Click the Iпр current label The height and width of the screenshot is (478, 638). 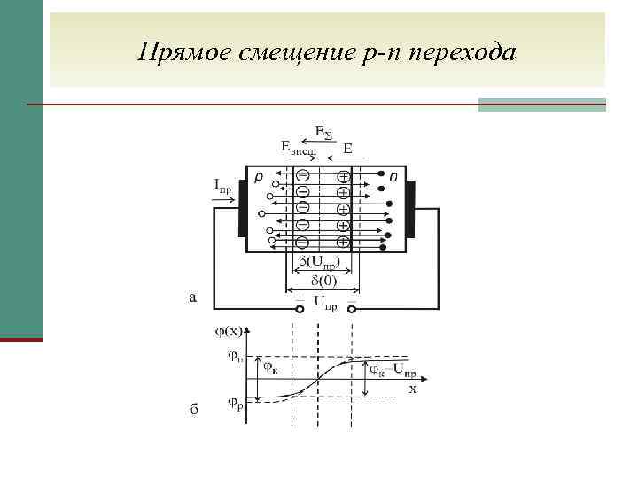tap(223, 185)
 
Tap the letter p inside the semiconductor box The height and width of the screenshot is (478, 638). tap(259, 177)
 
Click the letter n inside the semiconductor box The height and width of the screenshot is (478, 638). tap(393, 177)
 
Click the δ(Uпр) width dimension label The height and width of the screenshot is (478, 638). tap(318, 263)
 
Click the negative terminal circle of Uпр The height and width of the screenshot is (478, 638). tap(353, 308)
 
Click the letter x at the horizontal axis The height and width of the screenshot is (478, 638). tap(412, 389)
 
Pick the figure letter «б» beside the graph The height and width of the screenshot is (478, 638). tap(194, 410)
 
